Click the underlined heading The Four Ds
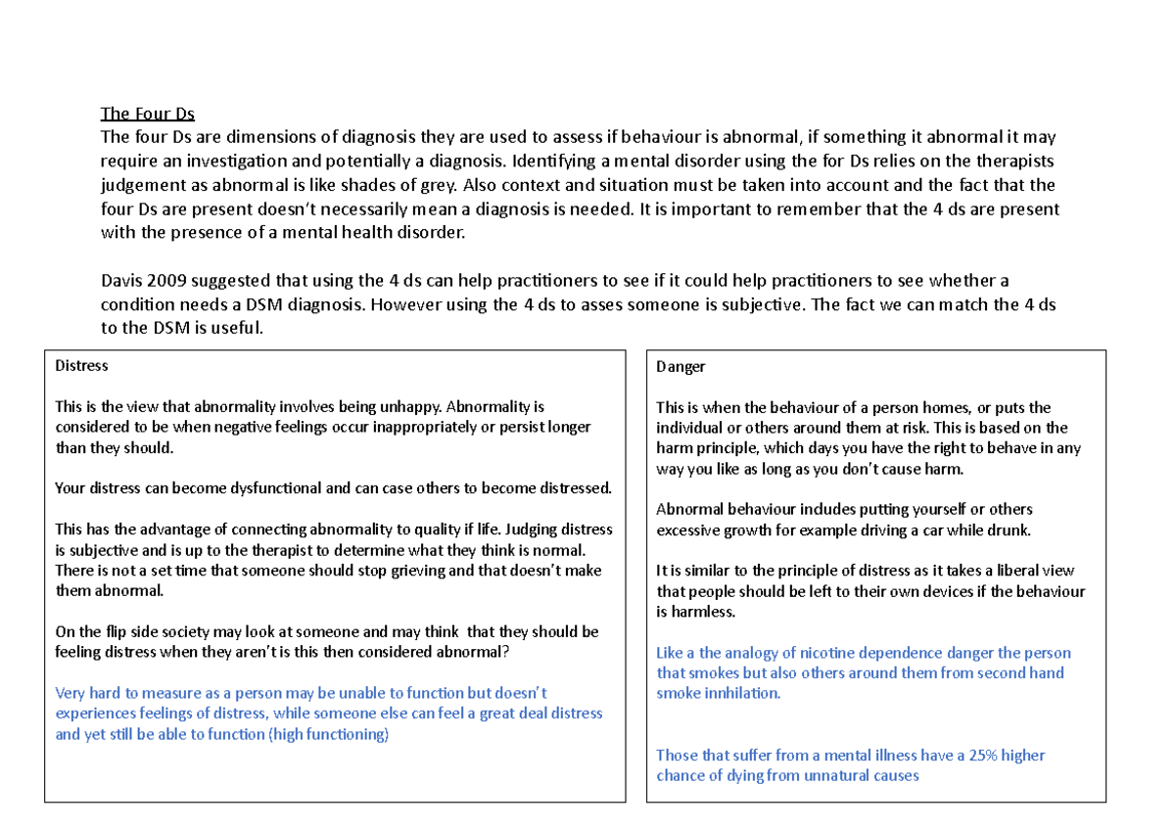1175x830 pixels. (148, 115)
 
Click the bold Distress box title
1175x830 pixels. (81, 365)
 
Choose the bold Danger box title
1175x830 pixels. (681, 367)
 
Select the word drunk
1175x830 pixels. (1010, 530)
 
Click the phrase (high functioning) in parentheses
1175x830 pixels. (328, 734)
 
